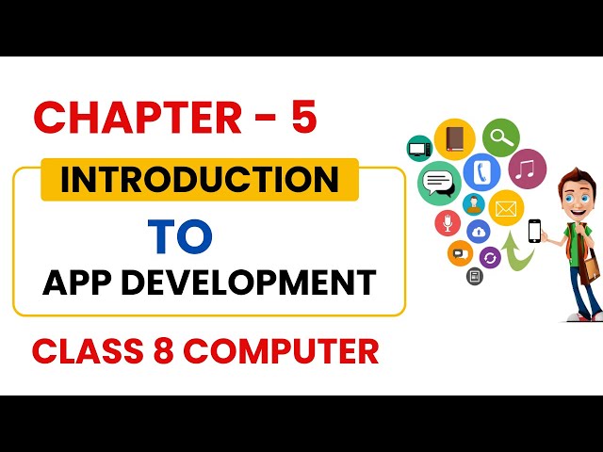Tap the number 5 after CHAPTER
pyautogui.click(x=303, y=118)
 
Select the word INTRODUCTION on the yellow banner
pyautogui.click(x=199, y=179)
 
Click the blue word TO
pyautogui.click(x=180, y=236)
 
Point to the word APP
pyautogui.click(x=78, y=282)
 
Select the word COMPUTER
pyautogui.click(x=281, y=325)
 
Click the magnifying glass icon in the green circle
pyautogui.click(x=500, y=137)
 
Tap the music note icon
pyautogui.click(x=528, y=170)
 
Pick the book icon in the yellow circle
pyautogui.click(x=455, y=138)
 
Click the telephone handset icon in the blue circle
pyautogui.click(x=482, y=172)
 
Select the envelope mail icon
pyautogui.click(x=506, y=207)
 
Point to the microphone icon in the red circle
pyautogui.click(x=448, y=223)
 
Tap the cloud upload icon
pyautogui.click(x=479, y=232)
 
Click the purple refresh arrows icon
pyautogui.click(x=490, y=257)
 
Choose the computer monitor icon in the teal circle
pyautogui.click(x=419, y=148)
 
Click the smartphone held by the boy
pyautogui.click(x=534, y=231)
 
